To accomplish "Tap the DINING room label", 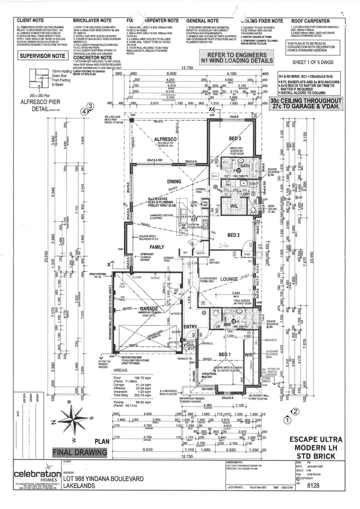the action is tap(160, 181).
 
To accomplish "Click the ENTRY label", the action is tap(190, 327).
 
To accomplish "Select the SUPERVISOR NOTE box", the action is tap(42, 56).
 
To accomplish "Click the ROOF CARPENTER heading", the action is tap(310, 21).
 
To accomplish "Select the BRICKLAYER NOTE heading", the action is tap(92, 21).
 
